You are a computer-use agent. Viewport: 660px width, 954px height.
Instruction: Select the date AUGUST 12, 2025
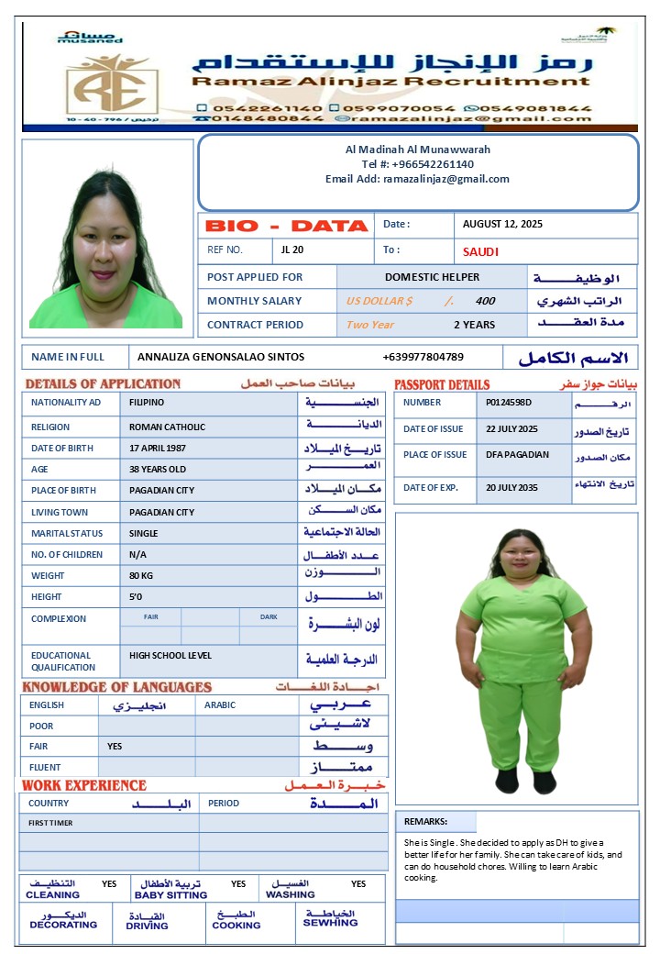[x=502, y=224]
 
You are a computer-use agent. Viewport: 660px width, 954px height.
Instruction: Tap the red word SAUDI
[x=480, y=251]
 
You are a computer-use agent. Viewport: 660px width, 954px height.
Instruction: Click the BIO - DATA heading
[x=286, y=226]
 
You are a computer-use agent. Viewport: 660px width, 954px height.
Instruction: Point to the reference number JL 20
[x=292, y=250]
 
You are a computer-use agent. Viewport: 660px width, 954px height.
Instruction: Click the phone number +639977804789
[x=423, y=357]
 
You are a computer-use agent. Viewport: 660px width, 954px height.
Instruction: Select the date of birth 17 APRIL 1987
[x=158, y=448]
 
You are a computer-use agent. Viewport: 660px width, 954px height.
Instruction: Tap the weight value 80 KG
[x=142, y=575]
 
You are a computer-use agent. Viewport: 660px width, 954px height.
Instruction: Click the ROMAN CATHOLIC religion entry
[x=167, y=427]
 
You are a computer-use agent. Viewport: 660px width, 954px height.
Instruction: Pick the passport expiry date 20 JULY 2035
[x=511, y=487]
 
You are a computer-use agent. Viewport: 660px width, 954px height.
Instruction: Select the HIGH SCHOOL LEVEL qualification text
[x=170, y=655]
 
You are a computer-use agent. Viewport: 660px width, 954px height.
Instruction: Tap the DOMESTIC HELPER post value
[x=432, y=277]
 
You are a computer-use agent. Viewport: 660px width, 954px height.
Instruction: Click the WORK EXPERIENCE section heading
[x=84, y=785]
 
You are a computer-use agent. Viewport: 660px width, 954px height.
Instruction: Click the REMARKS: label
[x=425, y=822]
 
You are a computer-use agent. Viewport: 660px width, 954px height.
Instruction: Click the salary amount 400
[x=485, y=301]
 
